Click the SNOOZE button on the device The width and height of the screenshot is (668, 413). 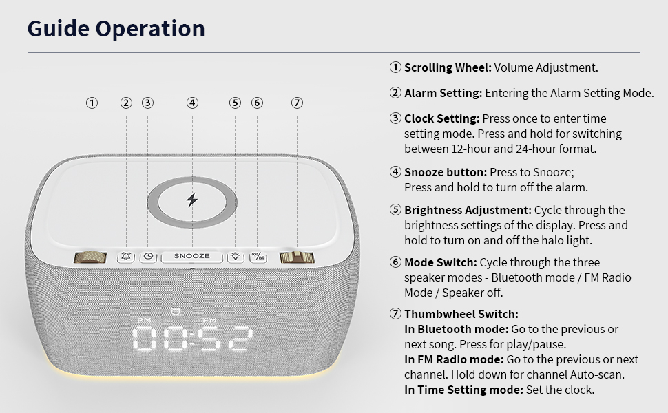tap(192, 256)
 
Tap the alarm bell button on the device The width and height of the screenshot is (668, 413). tap(126, 256)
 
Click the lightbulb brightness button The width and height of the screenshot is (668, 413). tap(236, 256)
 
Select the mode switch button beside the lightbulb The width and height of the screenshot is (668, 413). tap(258, 256)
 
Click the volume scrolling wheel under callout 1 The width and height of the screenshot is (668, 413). tap(91, 257)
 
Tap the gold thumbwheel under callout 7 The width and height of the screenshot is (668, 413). tap(297, 257)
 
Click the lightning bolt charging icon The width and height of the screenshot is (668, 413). tap(192, 200)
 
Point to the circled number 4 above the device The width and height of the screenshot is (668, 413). tap(192, 103)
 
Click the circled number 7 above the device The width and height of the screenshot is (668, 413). tap(297, 103)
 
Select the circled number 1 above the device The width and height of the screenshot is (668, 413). tap(91, 103)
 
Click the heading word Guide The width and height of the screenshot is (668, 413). tap(58, 28)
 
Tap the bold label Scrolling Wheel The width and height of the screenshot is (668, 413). tap(447, 67)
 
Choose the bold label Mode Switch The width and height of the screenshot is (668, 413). tap(440, 262)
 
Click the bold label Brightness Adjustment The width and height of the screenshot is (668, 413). tap(468, 210)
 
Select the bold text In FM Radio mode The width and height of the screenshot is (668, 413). tap(454, 360)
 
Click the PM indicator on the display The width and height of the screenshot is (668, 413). tap(144, 321)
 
